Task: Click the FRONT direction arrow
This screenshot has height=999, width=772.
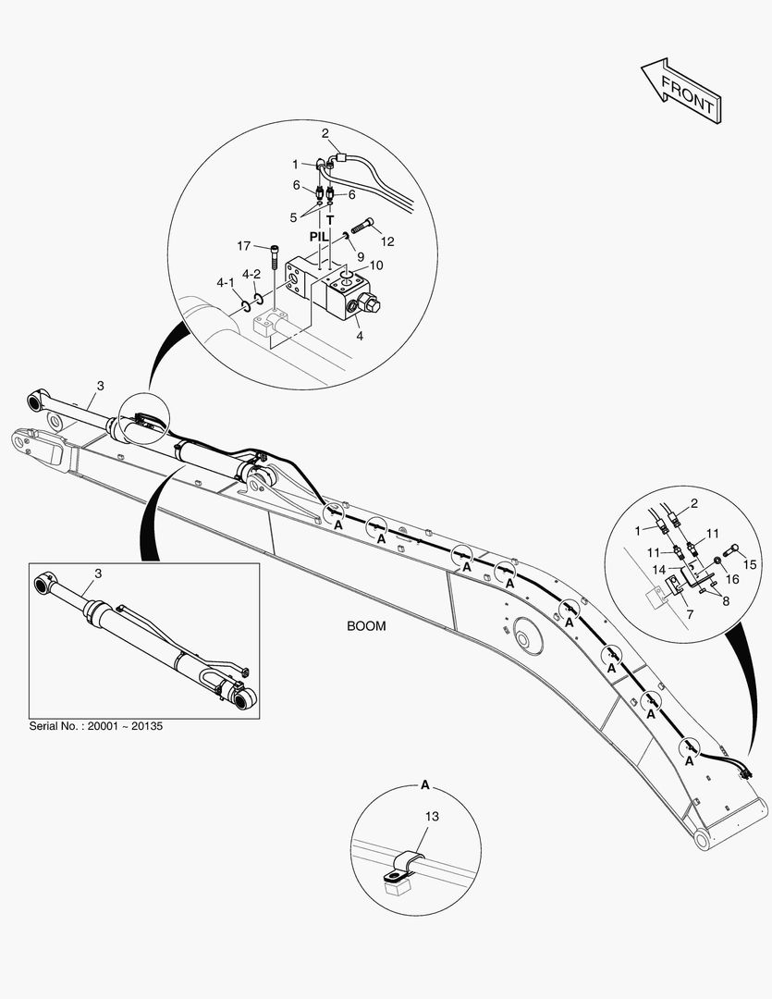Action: [x=680, y=92]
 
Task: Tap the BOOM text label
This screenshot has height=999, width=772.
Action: [x=366, y=626]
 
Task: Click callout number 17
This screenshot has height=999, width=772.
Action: [x=243, y=246]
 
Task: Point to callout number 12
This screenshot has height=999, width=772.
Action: [x=387, y=241]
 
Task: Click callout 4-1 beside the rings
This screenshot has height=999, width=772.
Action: [x=226, y=282]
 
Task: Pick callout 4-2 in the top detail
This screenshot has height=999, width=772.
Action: [x=251, y=275]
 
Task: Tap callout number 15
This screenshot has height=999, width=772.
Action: [x=752, y=563]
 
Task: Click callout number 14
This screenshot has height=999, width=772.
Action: [x=660, y=570]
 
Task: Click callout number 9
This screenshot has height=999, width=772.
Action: [x=360, y=256]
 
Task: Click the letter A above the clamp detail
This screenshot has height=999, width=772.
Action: [x=425, y=785]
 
